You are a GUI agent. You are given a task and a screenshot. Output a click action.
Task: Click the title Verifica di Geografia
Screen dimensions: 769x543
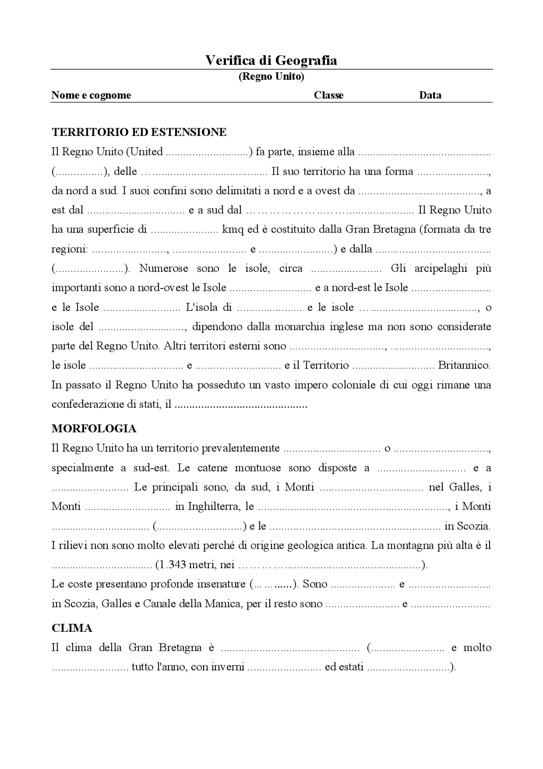click(x=271, y=60)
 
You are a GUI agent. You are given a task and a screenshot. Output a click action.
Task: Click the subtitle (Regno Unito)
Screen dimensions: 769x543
click(x=271, y=77)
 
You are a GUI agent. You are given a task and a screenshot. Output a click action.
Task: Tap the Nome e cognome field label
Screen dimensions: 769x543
click(x=91, y=95)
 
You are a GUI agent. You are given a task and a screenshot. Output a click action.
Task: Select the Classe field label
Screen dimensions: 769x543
click(x=328, y=95)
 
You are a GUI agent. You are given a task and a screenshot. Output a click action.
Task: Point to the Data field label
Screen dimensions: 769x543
click(x=430, y=95)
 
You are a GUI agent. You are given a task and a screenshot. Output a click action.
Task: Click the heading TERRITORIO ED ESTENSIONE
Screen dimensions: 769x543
click(x=139, y=132)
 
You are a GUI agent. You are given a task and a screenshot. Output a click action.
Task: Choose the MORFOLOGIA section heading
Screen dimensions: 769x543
click(x=94, y=428)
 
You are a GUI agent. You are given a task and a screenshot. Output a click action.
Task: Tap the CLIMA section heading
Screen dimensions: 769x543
click(x=72, y=628)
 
